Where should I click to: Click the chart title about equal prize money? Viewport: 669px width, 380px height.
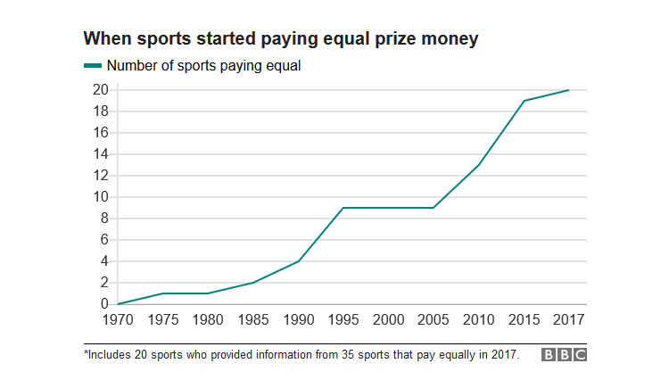pyautogui.click(x=282, y=39)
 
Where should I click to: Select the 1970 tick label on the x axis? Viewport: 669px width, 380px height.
pyautogui.click(x=118, y=320)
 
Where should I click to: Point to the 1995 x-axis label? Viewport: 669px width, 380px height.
pyautogui.click(x=343, y=320)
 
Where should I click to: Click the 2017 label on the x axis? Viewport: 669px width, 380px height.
pyautogui.click(x=568, y=320)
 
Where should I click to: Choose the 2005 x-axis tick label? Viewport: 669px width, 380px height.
pyautogui.click(x=434, y=320)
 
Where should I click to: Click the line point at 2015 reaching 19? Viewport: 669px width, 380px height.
pyautogui.click(x=524, y=101)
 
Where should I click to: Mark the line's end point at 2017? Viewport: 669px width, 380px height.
pyautogui.click(x=568, y=90)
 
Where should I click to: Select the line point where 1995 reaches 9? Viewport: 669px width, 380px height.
pyautogui.click(x=343, y=208)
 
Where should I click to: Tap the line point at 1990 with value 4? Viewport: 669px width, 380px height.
pyautogui.click(x=298, y=261)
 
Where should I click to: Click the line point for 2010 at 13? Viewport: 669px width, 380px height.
pyautogui.click(x=479, y=165)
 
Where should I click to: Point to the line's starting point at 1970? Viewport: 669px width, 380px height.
pyautogui.click(x=118, y=304)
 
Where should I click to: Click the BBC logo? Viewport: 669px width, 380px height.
pyautogui.click(x=565, y=355)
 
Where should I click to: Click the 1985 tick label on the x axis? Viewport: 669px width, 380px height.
pyautogui.click(x=253, y=320)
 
